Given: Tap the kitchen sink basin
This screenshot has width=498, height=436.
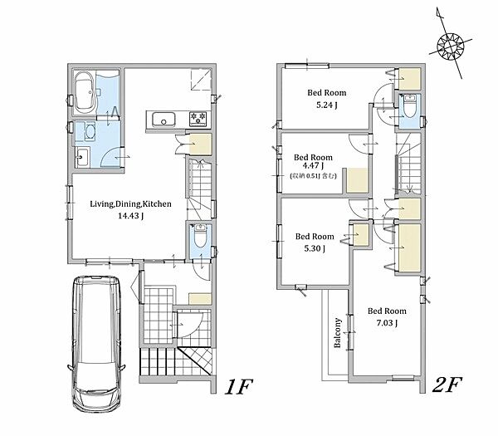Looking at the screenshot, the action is tap(164, 120).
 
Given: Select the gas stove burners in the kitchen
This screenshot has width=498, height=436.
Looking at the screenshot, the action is tap(199, 119).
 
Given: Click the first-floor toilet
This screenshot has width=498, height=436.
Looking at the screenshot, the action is tap(200, 236).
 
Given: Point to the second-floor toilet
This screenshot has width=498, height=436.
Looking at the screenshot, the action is tap(410, 105).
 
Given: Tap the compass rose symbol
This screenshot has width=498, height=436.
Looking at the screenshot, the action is tap(451, 47).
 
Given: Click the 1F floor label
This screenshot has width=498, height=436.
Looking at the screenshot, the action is tap(238, 386).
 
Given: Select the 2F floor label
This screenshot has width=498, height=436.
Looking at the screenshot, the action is tap(447, 385).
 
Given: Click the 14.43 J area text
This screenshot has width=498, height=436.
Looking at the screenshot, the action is tap(130, 216).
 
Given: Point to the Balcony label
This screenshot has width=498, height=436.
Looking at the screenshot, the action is tap(337, 333).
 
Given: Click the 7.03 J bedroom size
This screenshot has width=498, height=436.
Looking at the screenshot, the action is tap(387, 323).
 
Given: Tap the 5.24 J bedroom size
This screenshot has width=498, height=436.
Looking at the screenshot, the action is tap(326, 105).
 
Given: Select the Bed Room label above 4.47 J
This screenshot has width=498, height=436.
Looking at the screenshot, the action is tap(313, 157).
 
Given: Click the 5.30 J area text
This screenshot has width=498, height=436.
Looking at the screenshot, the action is tap(315, 248).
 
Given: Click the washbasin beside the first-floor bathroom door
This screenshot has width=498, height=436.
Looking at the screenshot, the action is tap(83, 157).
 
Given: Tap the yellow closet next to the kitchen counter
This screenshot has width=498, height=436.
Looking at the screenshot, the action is tap(200, 145).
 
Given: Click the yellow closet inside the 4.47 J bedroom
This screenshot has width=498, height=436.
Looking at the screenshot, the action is tap(357, 180).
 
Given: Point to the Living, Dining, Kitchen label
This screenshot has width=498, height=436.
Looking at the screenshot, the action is tap(130, 204).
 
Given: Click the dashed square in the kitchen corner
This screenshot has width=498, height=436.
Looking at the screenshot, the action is tap(201, 80).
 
